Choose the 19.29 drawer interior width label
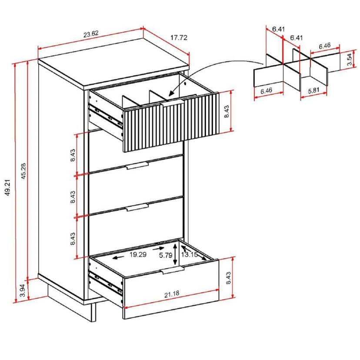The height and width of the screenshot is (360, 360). point(137,255)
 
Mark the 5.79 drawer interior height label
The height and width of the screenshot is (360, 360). point(165,255)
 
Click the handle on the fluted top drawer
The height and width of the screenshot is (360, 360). point(174,103)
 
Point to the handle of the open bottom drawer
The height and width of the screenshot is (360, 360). point(173,271)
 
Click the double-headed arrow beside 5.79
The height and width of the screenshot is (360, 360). point(175,254)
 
